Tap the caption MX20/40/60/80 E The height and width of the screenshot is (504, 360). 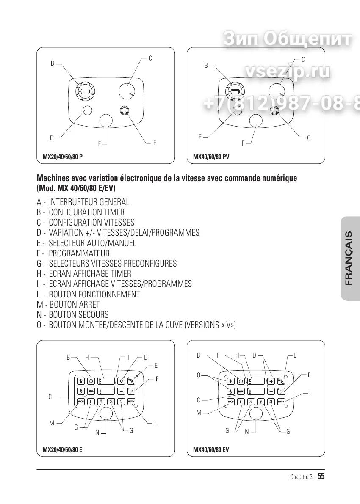pyautogui.click(x=63, y=450)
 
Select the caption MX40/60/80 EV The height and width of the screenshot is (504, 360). pyautogui.click(x=211, y=450)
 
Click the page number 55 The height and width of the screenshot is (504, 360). pyautogui.click(x=321, y=477)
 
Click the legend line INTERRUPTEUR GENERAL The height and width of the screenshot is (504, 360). pyautogui.click(x=89, y=202)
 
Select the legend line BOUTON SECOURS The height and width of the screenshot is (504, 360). pyautogui.click(x=78, y=314)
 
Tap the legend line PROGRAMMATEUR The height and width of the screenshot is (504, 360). pyautogui.click(x=79, y=253)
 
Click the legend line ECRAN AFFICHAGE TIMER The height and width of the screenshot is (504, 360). pyautogui.click(x=90, y=273)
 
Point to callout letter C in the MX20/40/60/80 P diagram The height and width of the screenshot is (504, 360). pyautogui.click(x=150, y=58)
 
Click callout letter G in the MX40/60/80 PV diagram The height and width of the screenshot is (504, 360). pyautogui.click(x=309, y=138)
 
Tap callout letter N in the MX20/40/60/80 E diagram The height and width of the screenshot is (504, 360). pyautogui.click(x=97, y=432)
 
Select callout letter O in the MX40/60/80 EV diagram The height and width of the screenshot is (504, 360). pyautogui.click(x=198, y=375)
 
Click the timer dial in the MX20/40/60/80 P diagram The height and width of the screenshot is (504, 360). pyautogui.click(x=85, y=91)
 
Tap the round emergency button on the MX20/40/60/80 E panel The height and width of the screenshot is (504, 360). pyautogui.click(x=106, y=413)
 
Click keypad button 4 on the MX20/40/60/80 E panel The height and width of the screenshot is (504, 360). pyautogui.click(x=121, y=402)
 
